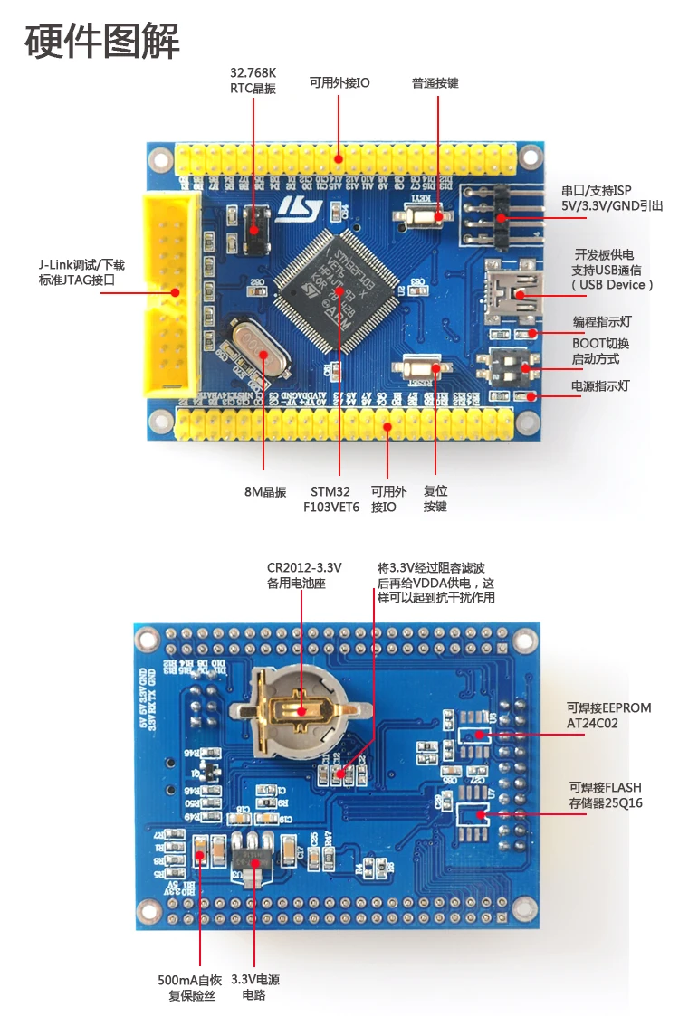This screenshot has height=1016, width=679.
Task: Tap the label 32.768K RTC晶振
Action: (253, 80)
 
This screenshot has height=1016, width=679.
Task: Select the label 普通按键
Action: (435, 83)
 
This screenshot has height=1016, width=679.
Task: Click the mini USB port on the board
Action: (513, 289)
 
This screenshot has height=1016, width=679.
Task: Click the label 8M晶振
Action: (264, 492)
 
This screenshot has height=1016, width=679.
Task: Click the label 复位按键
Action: (435, 499)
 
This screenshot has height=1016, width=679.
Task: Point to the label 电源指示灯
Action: (599, 386)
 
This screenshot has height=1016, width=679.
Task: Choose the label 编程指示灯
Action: (600, 321)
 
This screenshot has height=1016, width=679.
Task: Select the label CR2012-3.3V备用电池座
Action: (303, 575)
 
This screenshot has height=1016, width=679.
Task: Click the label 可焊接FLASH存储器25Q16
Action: (606, 795)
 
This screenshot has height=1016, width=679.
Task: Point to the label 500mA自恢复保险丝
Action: (187, 988)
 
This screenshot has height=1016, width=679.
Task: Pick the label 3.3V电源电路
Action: (254, 988)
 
